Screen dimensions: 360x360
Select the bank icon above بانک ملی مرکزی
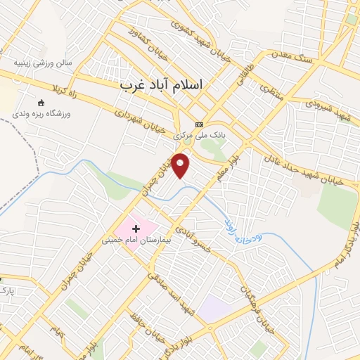(x=198, y=124)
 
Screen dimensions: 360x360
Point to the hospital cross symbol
(x=136, y=229)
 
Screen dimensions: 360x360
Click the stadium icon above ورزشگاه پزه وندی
(x=40, y=103)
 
